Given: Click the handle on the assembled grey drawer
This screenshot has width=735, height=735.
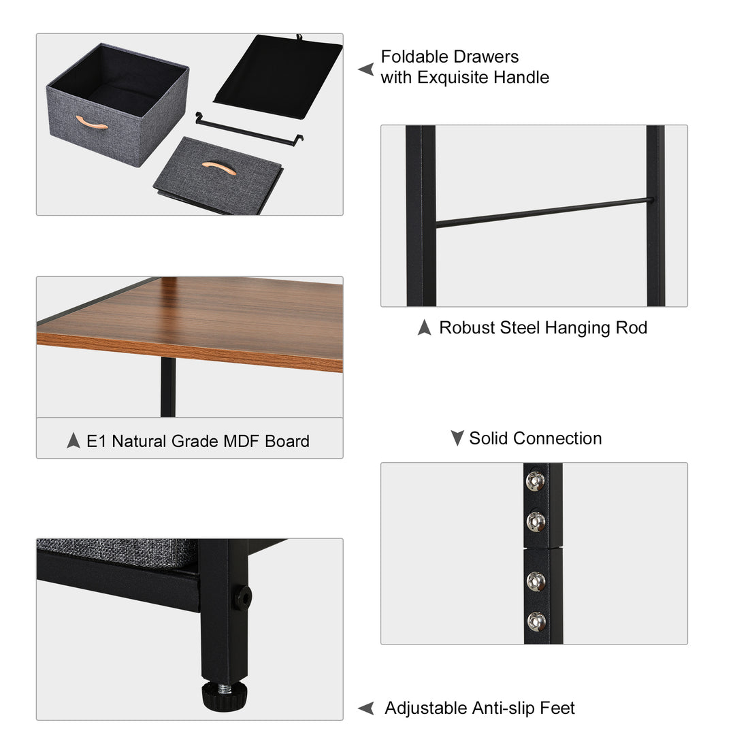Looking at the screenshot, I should (92, 122).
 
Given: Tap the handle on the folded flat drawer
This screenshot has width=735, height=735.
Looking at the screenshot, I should (219, 168).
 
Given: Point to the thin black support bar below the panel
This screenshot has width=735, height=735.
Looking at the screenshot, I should (249, 129).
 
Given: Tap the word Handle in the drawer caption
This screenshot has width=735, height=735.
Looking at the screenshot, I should (521, 78).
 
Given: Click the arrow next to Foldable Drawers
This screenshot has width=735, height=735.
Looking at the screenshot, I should (366, 69).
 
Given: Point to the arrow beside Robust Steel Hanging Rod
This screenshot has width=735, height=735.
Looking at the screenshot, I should (425, 328).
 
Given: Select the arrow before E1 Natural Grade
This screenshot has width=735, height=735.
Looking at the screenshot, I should (73, 441).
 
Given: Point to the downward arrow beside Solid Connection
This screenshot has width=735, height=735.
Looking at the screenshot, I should (457, 438).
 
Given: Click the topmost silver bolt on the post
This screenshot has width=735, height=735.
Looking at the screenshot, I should (536, 481).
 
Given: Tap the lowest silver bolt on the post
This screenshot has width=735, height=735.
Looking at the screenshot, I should (536, 620).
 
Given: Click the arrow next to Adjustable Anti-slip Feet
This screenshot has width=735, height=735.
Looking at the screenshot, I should (366, 708).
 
